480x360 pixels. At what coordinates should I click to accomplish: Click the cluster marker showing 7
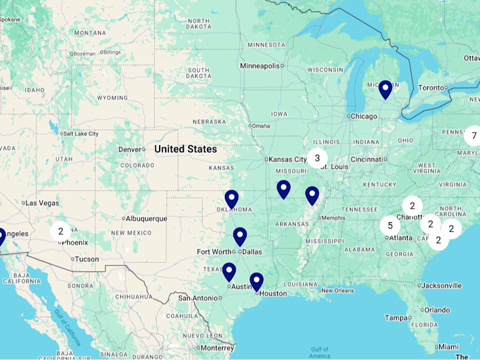[x=473, y=136]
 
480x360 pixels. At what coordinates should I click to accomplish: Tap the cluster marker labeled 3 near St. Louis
[x=317, y=158]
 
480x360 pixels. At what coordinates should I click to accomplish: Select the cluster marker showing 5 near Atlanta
[x=390, y=226]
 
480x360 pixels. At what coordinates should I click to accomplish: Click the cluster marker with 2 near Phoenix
[x=60, y=230]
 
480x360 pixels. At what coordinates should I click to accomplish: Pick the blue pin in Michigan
[x=385, y=89]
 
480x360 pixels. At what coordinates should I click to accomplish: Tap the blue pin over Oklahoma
[x=232, y=199]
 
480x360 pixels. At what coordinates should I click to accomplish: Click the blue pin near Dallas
[x=240, y=236]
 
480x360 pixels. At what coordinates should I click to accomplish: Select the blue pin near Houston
[x=256, y=281]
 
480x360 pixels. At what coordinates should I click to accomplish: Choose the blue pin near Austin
[x=229, y=272]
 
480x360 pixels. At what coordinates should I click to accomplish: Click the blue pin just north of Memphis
[x=312, y=195]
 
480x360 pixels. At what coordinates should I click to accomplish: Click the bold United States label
[x=185, y=149]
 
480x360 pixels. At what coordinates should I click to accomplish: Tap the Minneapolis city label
[x=260, y=65]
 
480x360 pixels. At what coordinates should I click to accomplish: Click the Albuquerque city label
[x=147, y=218]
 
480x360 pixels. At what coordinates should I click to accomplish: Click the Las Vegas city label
[x=42, y=203]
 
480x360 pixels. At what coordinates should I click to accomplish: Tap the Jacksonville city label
[x=442, y=286]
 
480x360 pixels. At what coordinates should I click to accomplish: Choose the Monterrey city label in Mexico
[x=217, y=348]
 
